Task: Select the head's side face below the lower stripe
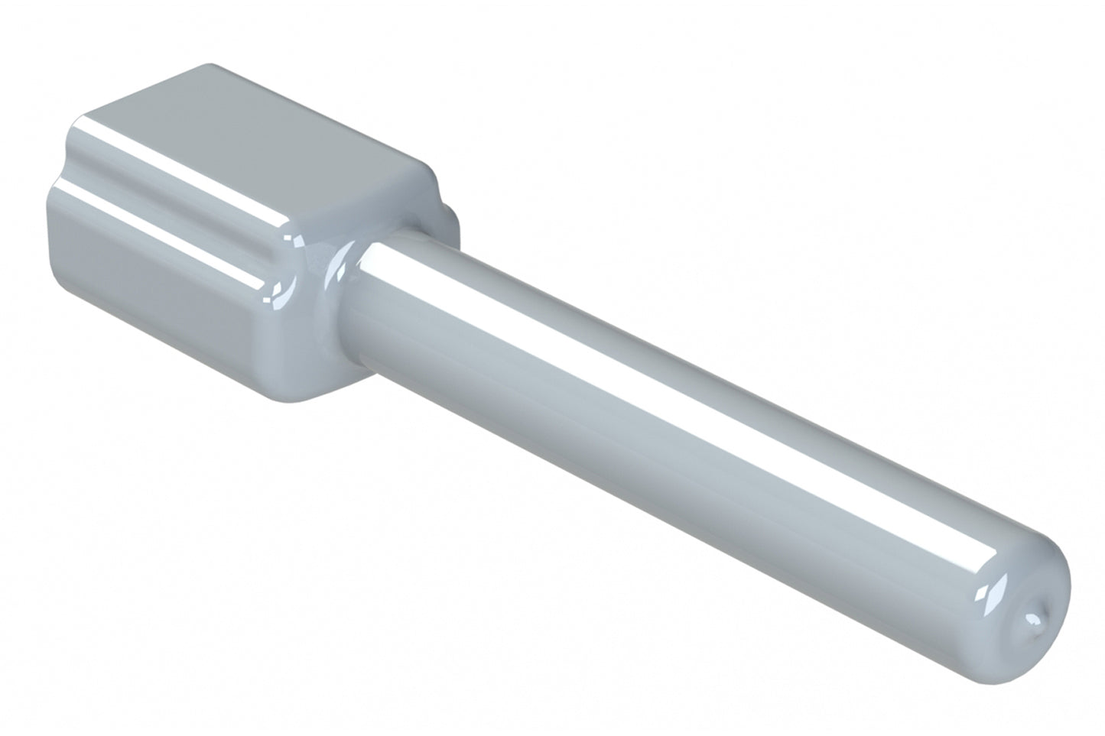pyautogui.click(x=153, y=290)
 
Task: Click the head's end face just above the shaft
pyautogui.click(x=359, y=206)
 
